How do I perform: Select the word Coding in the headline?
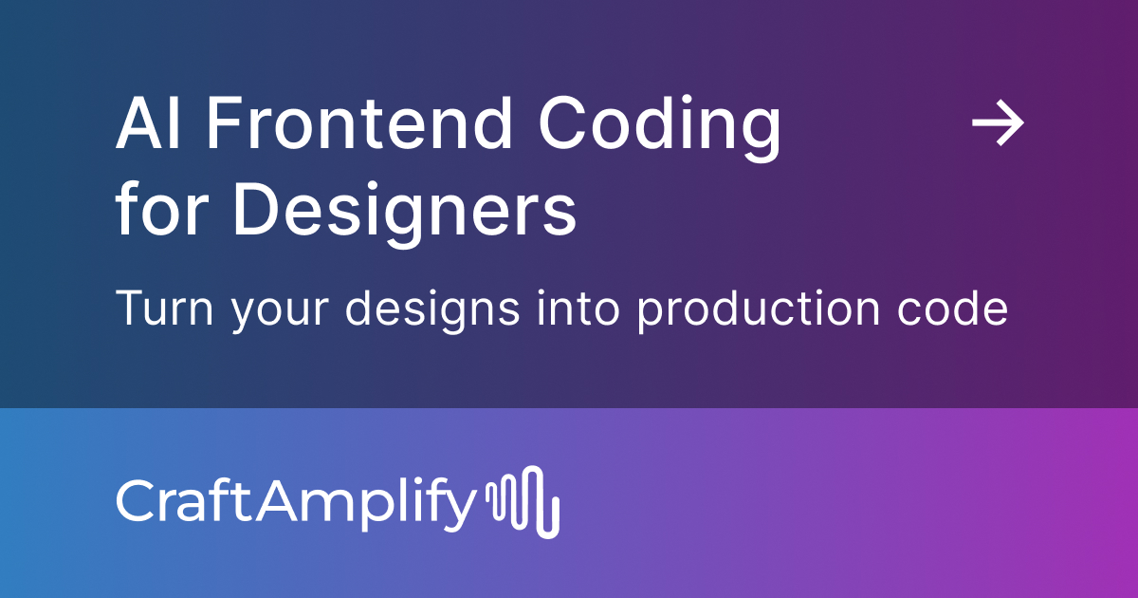coord(660,128)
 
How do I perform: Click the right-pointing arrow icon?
coord(999,124)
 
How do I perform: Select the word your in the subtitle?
coord(272,313)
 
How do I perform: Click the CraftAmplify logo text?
coord(294,502)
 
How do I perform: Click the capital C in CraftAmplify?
coord(135,500)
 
